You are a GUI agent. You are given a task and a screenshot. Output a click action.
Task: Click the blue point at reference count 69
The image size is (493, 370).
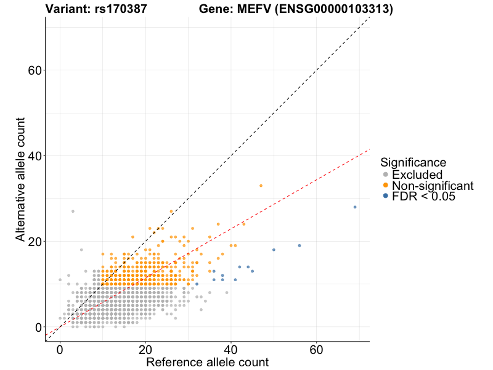(355, 207)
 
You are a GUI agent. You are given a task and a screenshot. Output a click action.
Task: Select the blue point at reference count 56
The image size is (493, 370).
(299, 245)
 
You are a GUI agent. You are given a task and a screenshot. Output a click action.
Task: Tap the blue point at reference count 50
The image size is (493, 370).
(274, 250)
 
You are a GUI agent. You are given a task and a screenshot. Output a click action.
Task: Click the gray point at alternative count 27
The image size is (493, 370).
(73, 212)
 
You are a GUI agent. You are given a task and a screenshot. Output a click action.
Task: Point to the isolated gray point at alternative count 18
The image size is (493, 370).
(81, 250)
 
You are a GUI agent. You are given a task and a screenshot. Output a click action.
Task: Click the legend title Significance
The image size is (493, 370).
(413, 163)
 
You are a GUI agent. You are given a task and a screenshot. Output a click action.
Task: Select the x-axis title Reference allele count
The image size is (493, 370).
(207, 362)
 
